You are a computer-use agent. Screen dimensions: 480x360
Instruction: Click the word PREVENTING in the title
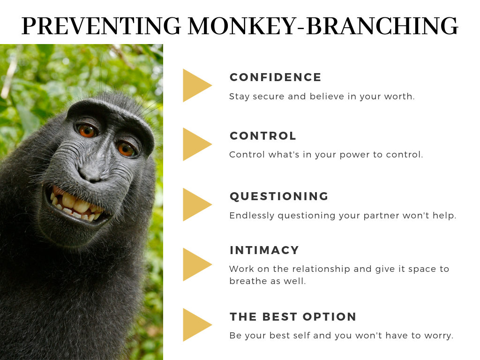pyautogui.click(x=101, y=26)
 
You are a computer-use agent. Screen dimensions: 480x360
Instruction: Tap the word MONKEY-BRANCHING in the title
pyautogui.click(x=323, y=26)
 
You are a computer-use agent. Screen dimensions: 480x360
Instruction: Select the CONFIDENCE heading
pyautogui.click(x=276, y=77)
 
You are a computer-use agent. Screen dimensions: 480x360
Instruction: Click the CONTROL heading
pyautogui.click(x=263, y=136)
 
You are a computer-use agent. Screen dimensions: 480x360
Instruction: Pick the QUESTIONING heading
pyautogui.click(x=279, y=196)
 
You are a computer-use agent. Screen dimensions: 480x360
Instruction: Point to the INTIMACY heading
pyautogui.click(x=264, y=250)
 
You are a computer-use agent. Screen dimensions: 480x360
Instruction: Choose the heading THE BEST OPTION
pyautogui.click(x=293, y=316)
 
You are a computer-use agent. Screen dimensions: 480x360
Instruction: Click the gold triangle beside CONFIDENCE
pyautogui.click(x=196, y=85)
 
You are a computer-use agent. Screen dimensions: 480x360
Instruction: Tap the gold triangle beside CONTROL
pyautogui.click(x=196, y=144)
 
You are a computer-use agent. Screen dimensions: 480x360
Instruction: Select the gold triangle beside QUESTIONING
pyautogui.click(x=196, y=204)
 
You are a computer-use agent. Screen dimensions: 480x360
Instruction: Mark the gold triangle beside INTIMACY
pyautogui.click(x=196, y=264)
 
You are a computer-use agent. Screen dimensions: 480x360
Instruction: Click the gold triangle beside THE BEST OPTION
pyautogui.click(x=196, y=325)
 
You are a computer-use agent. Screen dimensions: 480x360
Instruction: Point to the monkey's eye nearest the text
pyautogui.click(x=127, y=149)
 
